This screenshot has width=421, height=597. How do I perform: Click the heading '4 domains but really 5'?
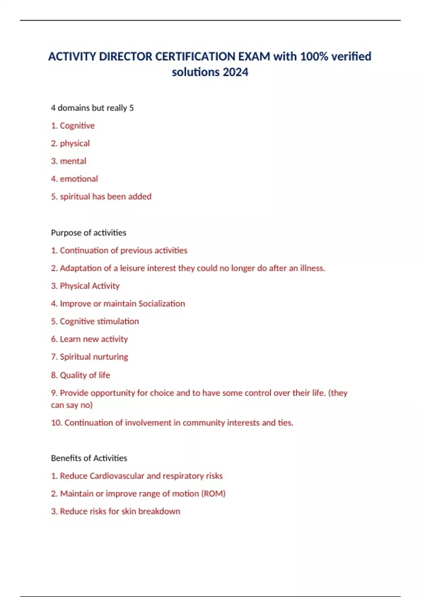(92, 108)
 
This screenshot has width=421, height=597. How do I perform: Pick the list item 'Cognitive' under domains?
(77, 126)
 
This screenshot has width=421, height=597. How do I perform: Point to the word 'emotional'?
(79, 179)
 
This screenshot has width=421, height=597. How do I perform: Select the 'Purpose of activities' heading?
(88, 232)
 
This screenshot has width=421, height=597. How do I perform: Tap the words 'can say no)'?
(72, 405)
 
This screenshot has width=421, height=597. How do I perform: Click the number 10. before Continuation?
(56, 422)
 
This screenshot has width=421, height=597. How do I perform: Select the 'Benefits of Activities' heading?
(89, 458)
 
